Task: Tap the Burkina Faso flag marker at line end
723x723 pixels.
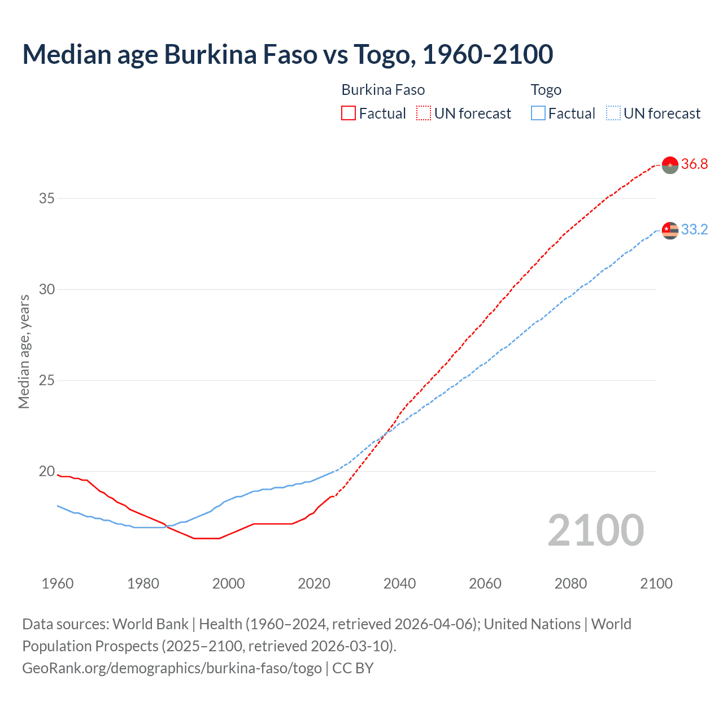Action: pyautogui.click(x=670, y=165)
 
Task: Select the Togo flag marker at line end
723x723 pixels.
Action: pyautogui.click(x=670, y=230)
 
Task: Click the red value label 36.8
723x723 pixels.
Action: pyautogui.click(x=694, y=164)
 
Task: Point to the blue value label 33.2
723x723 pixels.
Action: pyautogui.click(x=694, y=230)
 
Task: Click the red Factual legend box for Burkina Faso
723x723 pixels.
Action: pyautogui.click(x=349, y=114)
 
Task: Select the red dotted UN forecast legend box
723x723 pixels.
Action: pyautogui.click(x=424, y=114)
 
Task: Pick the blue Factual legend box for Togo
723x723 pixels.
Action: pyautogui.click(x=538, y=114)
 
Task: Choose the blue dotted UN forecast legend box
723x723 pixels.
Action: pyautogui.click(x=613, y=114)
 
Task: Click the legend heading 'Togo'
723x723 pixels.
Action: pyautogui.click(x=546, y=90)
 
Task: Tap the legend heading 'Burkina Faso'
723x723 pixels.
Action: pyautogui.click(x=383, y=90)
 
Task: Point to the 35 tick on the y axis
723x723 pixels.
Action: pyautogui.click(x=46, y=198)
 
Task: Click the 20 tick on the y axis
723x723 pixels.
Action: pyautogui.click(x=46, y=471)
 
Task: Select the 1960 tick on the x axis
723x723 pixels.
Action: pyautogui.click(x=58, y=583)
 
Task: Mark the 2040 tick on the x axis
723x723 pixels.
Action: pyautogui.click(x=399, y=583)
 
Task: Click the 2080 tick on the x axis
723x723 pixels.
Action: pyautogui.click(x=570, y=583)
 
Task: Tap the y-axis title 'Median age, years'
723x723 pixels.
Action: pyautogui.click(x=24, y=351)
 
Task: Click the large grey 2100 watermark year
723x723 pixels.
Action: pyautogui.click(x=595, y=530)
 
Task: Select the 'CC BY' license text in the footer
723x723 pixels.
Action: pyautogui.click(x=353, y=668)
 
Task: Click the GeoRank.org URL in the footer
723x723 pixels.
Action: pyautogui.click(x=172, y=668)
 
